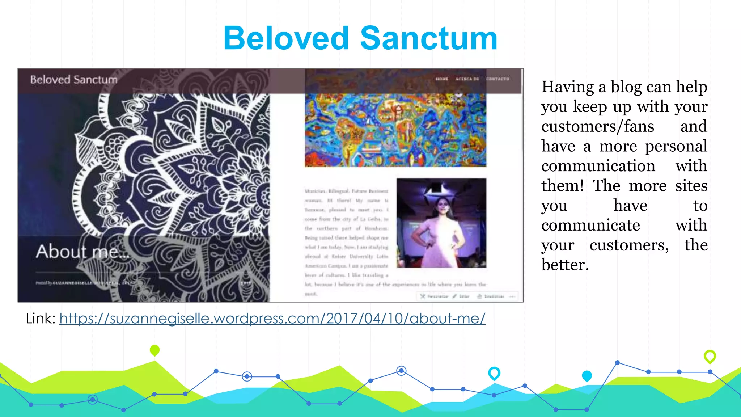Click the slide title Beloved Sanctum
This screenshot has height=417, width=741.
tap(360, 38)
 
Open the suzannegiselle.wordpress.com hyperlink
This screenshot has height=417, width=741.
tap(272, 319)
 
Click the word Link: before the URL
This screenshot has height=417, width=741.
tap(41, 319)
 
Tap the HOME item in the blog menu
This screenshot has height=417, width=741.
tap(442, 79)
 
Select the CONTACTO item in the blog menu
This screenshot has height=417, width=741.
tap(497, 79)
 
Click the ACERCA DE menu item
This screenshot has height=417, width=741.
tap(467, 79)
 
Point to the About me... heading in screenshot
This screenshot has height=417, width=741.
tap(82, 252)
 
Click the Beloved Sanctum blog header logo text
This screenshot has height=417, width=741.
tap(74, 80)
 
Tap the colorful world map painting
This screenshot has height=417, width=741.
tap(395, 130)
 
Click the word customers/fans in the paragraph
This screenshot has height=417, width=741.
tap(598, 127)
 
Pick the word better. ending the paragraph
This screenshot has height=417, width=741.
tap(565, 265)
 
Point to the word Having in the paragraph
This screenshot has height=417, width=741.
tap(567, 87)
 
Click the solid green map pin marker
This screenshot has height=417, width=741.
tap(154, 350)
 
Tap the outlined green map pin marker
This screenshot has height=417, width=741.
tap(710, 356)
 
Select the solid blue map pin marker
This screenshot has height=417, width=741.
tap(587, 376)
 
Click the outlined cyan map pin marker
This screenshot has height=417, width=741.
tap(494, 373)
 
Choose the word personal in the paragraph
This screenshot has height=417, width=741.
tap(676, 146)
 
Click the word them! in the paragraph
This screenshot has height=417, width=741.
tap(562, 186)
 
